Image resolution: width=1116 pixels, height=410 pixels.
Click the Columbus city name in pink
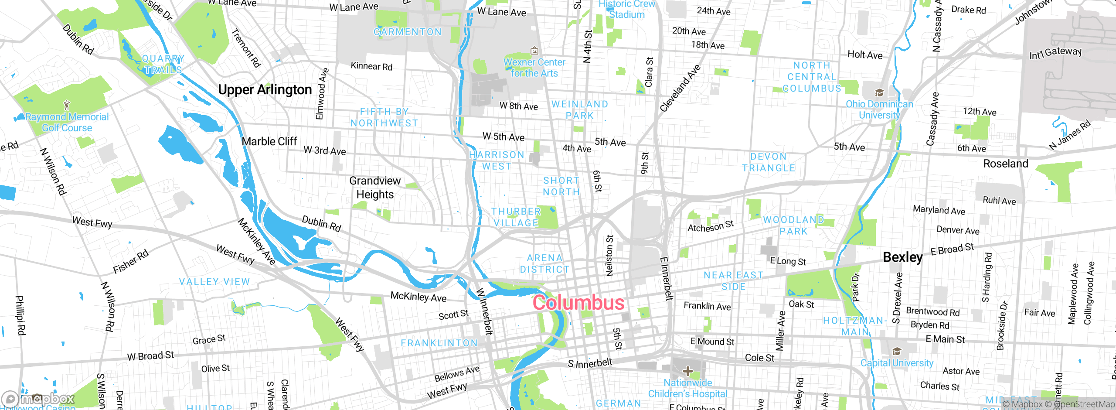[x=578, y=303]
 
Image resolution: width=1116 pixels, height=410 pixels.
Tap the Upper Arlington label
[x=265, y=90]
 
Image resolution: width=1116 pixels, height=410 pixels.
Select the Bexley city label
[x=902, y=257]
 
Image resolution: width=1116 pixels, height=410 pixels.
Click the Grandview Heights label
[x=375, y=188]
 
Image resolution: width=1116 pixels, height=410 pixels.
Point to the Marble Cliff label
[x=269, y=142]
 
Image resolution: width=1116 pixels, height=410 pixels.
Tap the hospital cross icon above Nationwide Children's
[x=688, y=371]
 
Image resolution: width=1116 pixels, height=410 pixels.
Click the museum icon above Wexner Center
[x=534, y=51]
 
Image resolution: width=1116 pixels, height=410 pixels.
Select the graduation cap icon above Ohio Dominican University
[x=879, y=93]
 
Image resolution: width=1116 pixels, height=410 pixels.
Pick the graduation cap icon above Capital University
[x=897, y=352]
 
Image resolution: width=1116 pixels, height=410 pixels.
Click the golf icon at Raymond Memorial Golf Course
[x=67, y=105]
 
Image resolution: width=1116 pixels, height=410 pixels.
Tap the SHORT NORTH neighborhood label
[x=561, y=186]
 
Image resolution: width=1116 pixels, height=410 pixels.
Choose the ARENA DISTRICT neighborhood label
[x=544, y=264]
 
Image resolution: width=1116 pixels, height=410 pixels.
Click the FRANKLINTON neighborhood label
[x=439, y=343]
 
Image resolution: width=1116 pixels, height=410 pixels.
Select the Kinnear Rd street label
[x=371, y=66]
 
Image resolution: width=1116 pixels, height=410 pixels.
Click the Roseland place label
[x=1005, y=164]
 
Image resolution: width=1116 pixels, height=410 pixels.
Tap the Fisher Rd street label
[x=131, y=262]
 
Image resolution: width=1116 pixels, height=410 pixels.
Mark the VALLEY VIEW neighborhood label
[x=214, y=282]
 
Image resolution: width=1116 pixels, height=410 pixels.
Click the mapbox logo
[x=38, y=399]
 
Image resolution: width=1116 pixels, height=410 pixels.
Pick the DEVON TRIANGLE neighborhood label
[x=769, y=162]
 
